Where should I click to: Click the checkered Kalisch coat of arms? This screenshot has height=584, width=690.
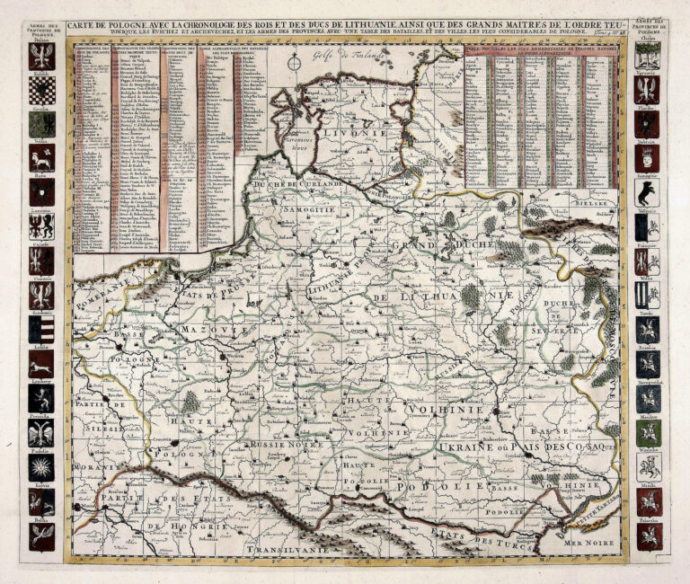click(x=41, y=90)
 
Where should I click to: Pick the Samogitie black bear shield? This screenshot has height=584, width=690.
click(x=647, y=193)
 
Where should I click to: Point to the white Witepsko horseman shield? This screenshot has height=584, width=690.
click(x=647, y=466)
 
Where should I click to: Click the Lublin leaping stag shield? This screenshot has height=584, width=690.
click(x=41, y=364)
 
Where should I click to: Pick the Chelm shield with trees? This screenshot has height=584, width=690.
click(x=647, y=56)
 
